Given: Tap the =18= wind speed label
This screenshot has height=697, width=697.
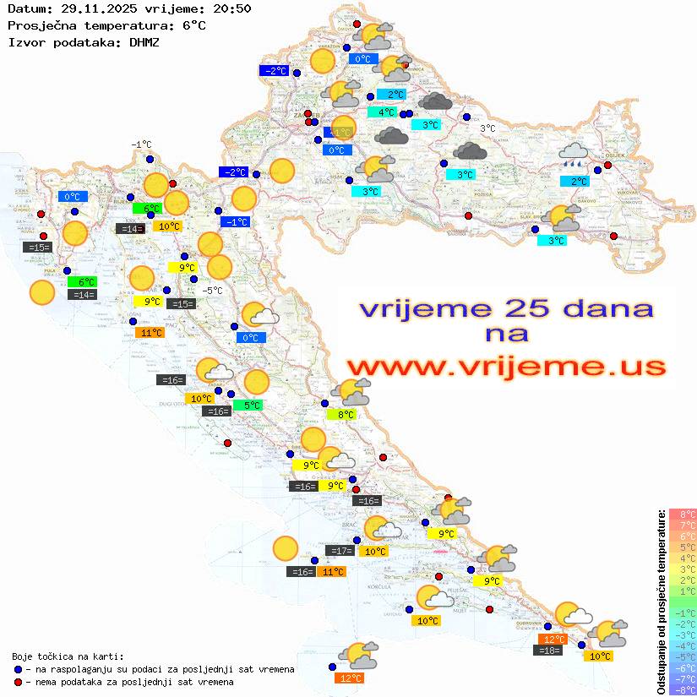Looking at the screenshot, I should tap(549, 650).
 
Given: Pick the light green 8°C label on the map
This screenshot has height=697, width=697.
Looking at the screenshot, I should tap(345, 415).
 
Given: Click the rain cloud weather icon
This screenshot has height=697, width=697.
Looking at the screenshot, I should tap(574, 155).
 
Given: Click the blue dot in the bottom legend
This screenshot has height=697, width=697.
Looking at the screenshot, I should tap(18, 669).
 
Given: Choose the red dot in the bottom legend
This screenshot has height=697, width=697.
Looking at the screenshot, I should tap(18, 682).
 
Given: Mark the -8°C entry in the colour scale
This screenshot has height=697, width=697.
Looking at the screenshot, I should tap(682, 690).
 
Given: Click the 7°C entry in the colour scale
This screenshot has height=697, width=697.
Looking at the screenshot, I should tap(682, 525).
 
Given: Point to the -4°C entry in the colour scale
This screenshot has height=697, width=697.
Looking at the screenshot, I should tap(682, 646).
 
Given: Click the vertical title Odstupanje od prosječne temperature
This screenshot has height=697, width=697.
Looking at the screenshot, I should tap(661, 602).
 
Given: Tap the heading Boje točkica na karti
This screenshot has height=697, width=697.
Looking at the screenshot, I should tap(68, 656).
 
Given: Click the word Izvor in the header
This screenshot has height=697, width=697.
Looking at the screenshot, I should tap(25, 41).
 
